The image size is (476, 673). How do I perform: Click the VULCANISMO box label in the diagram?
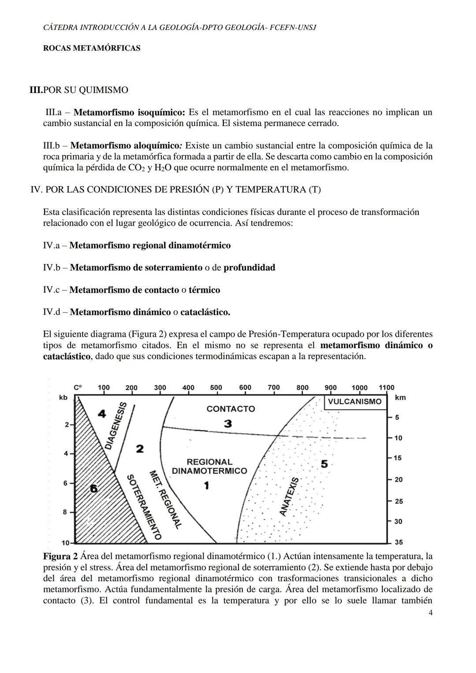coord(355,402)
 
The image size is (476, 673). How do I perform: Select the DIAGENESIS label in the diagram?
coord(116,426)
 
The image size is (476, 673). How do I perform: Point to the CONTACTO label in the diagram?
coord(231,409)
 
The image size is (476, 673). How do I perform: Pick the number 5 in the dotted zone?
coord(324,464)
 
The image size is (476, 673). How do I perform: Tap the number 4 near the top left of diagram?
coord(102,414)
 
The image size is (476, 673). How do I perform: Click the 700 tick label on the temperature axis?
coord(274,388)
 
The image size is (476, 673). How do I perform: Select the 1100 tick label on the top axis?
coord(387,388)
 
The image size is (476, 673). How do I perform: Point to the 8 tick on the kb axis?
coord(65,513)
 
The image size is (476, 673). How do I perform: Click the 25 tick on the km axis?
coord(398,501)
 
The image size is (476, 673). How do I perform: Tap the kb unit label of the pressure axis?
coord(63,398)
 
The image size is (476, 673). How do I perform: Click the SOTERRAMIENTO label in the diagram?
coord(144,507)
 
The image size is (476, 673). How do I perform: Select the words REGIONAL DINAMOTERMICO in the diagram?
coord(209,466)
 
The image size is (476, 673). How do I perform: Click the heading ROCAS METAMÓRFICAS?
coord(92,48)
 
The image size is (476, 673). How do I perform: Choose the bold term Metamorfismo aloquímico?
coord(126,145)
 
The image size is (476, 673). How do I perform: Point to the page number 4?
coord(430,613)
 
